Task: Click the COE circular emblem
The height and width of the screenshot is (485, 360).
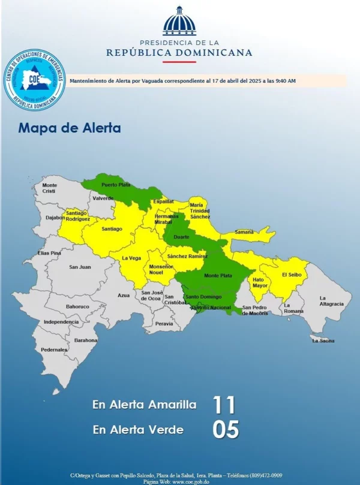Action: (34, 81)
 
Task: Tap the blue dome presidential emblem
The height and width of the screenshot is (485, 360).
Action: (179, 22)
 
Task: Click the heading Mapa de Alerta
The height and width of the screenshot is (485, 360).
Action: (70, 128)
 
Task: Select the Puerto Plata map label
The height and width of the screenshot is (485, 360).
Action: (116, 185)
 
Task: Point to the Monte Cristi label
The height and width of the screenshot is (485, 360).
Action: (50, 188)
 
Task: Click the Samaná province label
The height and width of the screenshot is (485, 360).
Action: (244, 231)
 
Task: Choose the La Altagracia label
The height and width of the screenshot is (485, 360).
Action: (331, 301)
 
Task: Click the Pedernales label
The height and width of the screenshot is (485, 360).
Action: (55, 350)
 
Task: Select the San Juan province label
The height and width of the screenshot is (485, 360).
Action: (80, 267)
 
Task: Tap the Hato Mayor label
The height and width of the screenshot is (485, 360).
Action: (260, 282)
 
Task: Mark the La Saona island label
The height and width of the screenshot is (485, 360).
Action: (323, 341)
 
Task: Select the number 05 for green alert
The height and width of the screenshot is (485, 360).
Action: (226, 429)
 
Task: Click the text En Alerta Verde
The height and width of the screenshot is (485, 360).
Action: (138, 429)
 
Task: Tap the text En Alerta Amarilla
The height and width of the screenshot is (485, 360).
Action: (144, 405)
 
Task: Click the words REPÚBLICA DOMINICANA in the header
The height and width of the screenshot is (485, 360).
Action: (179, 53)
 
